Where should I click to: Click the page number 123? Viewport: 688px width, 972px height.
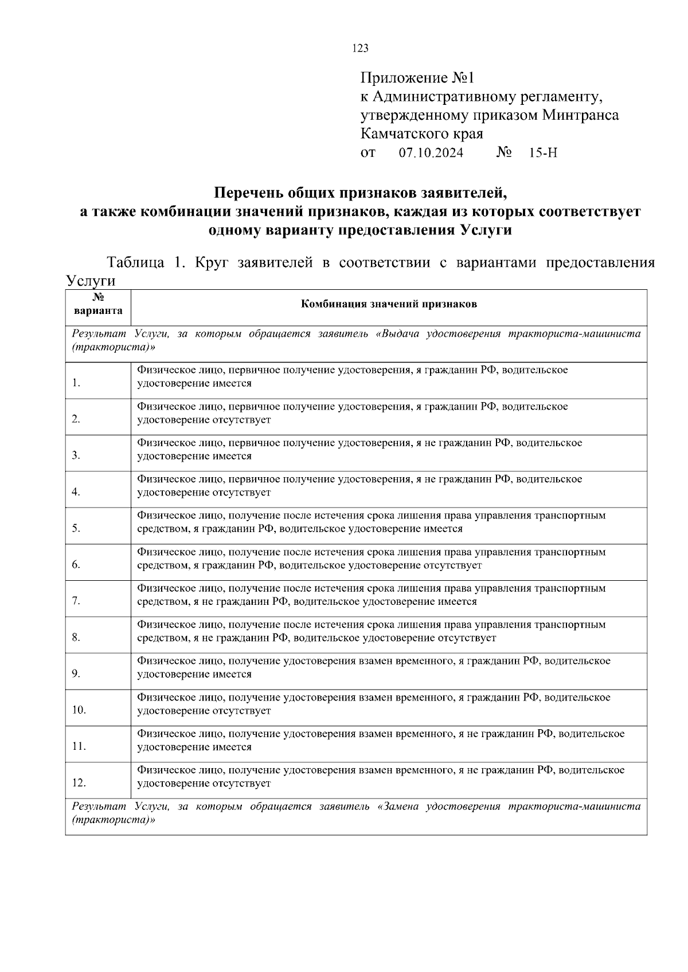pos(360,49)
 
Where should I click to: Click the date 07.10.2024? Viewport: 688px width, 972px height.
pos(431,153)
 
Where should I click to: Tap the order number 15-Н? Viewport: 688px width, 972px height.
pos(544,153)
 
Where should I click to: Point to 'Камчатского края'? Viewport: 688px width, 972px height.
pos(421,134)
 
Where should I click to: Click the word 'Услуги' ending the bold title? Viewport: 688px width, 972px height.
pos(485,231)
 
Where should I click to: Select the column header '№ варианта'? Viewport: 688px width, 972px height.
pos(98,305)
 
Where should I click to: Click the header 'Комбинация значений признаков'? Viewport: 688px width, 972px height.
pos(389,304)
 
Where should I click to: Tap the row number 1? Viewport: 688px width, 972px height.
pos(76,383)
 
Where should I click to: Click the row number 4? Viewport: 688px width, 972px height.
pos(76,492)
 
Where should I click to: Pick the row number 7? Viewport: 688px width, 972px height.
pos(76,601)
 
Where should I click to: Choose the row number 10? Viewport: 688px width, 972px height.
pos(79,710)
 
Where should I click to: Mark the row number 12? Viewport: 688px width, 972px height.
pos(79,782)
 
